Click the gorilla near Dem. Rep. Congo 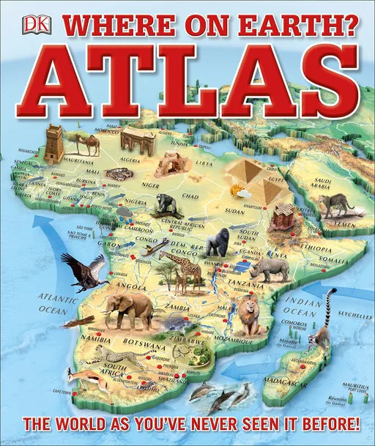coord(217,242)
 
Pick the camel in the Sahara coord(87,144)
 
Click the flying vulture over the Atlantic coord(86,272)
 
